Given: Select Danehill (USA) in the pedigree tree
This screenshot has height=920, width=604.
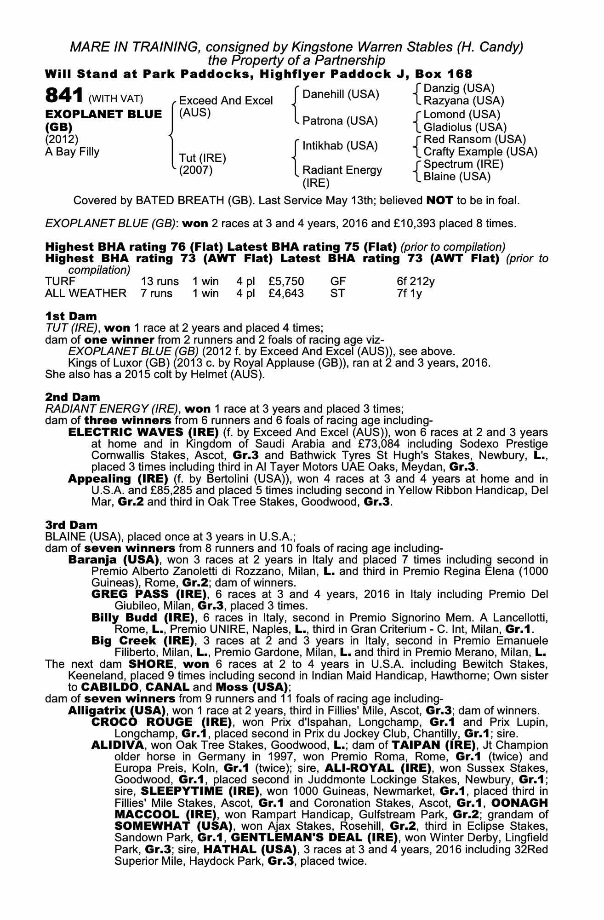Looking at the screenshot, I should point(341,94).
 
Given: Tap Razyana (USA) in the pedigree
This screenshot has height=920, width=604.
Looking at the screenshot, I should point(464,100).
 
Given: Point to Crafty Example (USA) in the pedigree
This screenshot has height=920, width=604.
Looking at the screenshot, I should point(480,152).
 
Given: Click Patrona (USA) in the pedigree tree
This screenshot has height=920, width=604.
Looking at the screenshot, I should point(340,121).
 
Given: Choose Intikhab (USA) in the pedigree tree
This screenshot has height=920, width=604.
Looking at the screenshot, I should point(340,146).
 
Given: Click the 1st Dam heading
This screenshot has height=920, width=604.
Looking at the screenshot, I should point(71,316).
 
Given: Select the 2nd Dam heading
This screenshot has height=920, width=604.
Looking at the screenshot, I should point(72,397).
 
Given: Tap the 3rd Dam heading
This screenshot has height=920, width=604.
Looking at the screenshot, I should point(71,525).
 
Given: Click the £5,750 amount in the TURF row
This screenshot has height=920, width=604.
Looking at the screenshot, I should point(286,281).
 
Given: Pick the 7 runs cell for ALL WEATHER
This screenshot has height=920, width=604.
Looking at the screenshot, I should point(157,293).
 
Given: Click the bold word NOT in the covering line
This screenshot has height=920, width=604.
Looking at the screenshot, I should point(440,201).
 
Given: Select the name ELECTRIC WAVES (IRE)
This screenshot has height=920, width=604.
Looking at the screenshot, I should point(143,432).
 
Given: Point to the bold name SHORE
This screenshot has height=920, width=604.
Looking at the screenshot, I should point(151,664).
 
